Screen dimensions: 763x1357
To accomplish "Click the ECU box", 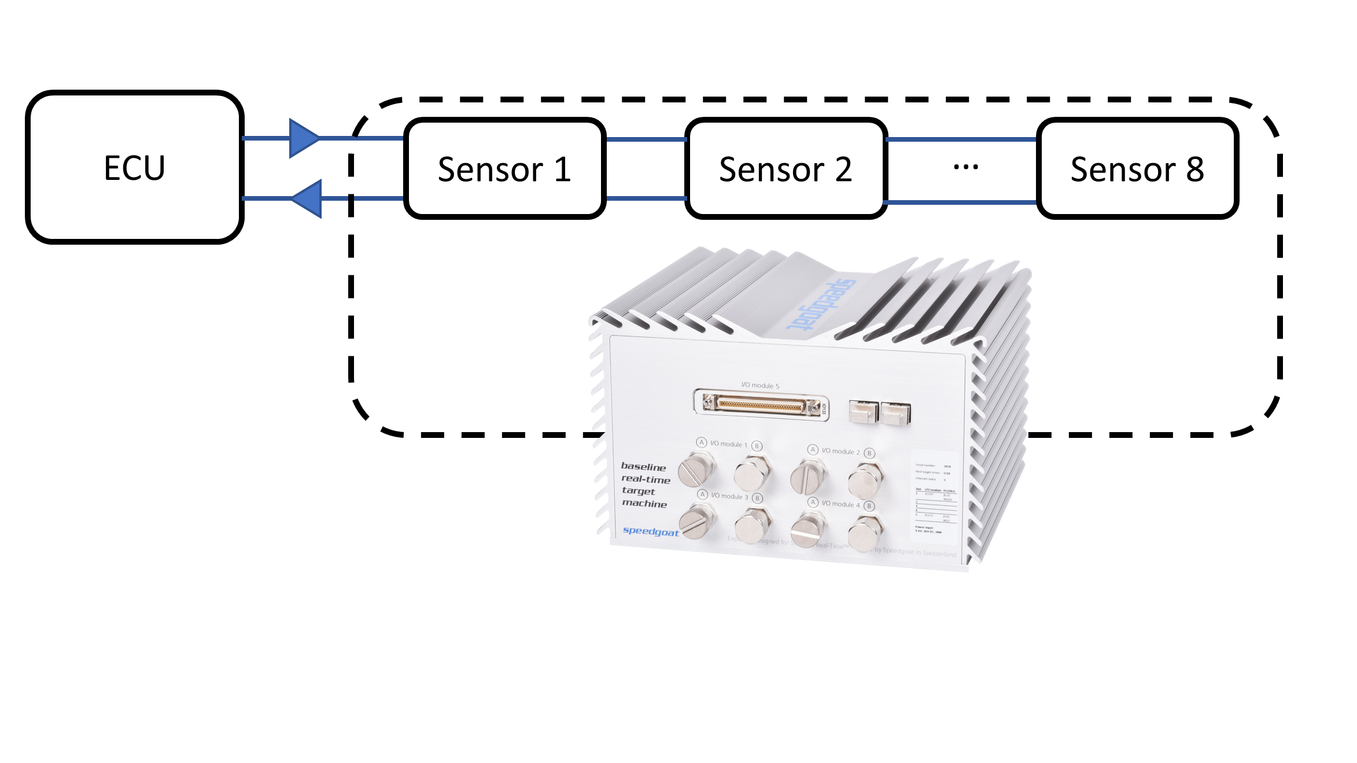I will tap(134, 168).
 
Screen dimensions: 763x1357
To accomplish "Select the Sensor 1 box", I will tap(504, 169).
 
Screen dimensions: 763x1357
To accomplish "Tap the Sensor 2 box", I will tap(786, 169).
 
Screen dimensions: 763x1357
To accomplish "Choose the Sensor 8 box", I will tap(1137, 169).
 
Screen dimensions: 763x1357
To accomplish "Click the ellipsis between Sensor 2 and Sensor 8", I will tap(965, 167).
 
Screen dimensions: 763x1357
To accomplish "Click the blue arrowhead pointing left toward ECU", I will tap(308, 198).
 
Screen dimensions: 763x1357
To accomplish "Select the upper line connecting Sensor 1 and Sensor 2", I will tap(645, 139).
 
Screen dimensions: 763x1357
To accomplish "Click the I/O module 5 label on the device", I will tap(760, 385).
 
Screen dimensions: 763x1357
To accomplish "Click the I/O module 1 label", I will tap(729, 444).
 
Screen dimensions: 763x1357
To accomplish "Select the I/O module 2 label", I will tap(840, 451).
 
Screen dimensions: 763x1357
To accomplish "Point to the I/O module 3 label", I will tap(729, 496).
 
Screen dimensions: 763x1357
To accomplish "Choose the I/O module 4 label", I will tap(840, 504).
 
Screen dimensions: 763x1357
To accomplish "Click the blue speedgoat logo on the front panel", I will tap(650, 531).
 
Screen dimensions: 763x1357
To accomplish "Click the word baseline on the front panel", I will tap(643, 466).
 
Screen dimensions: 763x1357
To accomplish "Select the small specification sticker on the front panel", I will tap(933, 497).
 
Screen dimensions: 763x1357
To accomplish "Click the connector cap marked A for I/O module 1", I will tap(697, 470).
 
